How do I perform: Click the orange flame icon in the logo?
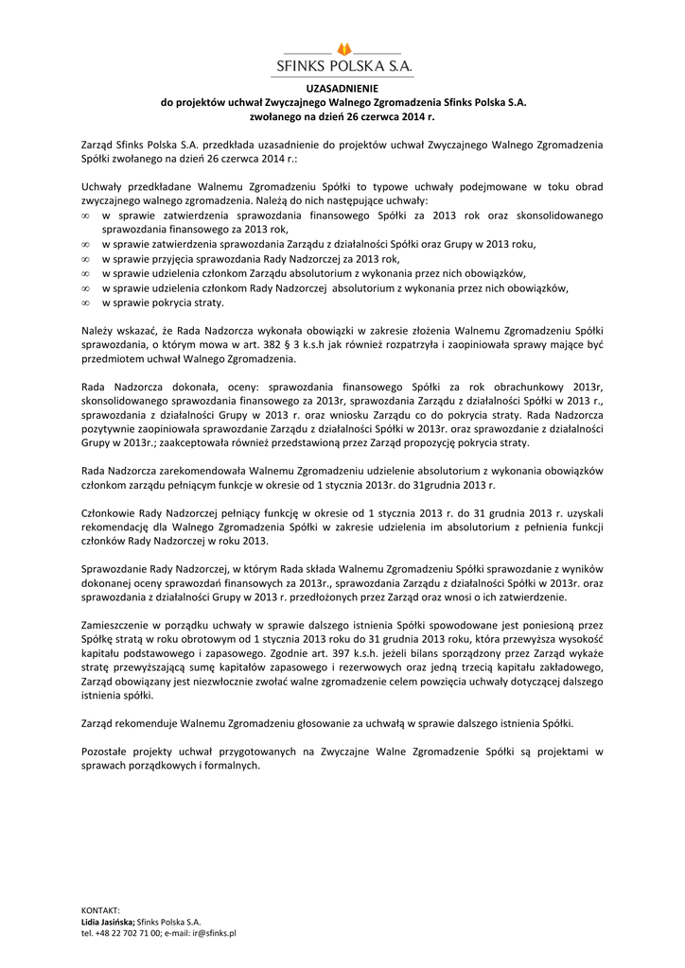click(x=343, y=48)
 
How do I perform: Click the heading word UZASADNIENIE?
click(x=342, y=88)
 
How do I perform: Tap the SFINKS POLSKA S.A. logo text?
click(x=342, y=66)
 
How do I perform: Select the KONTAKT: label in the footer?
click(x=100, y=909)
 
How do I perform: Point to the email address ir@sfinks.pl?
click(x=215, y=932)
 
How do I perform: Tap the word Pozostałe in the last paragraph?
click(x=104, y=752)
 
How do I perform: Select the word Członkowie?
click(x=110, y=511)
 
